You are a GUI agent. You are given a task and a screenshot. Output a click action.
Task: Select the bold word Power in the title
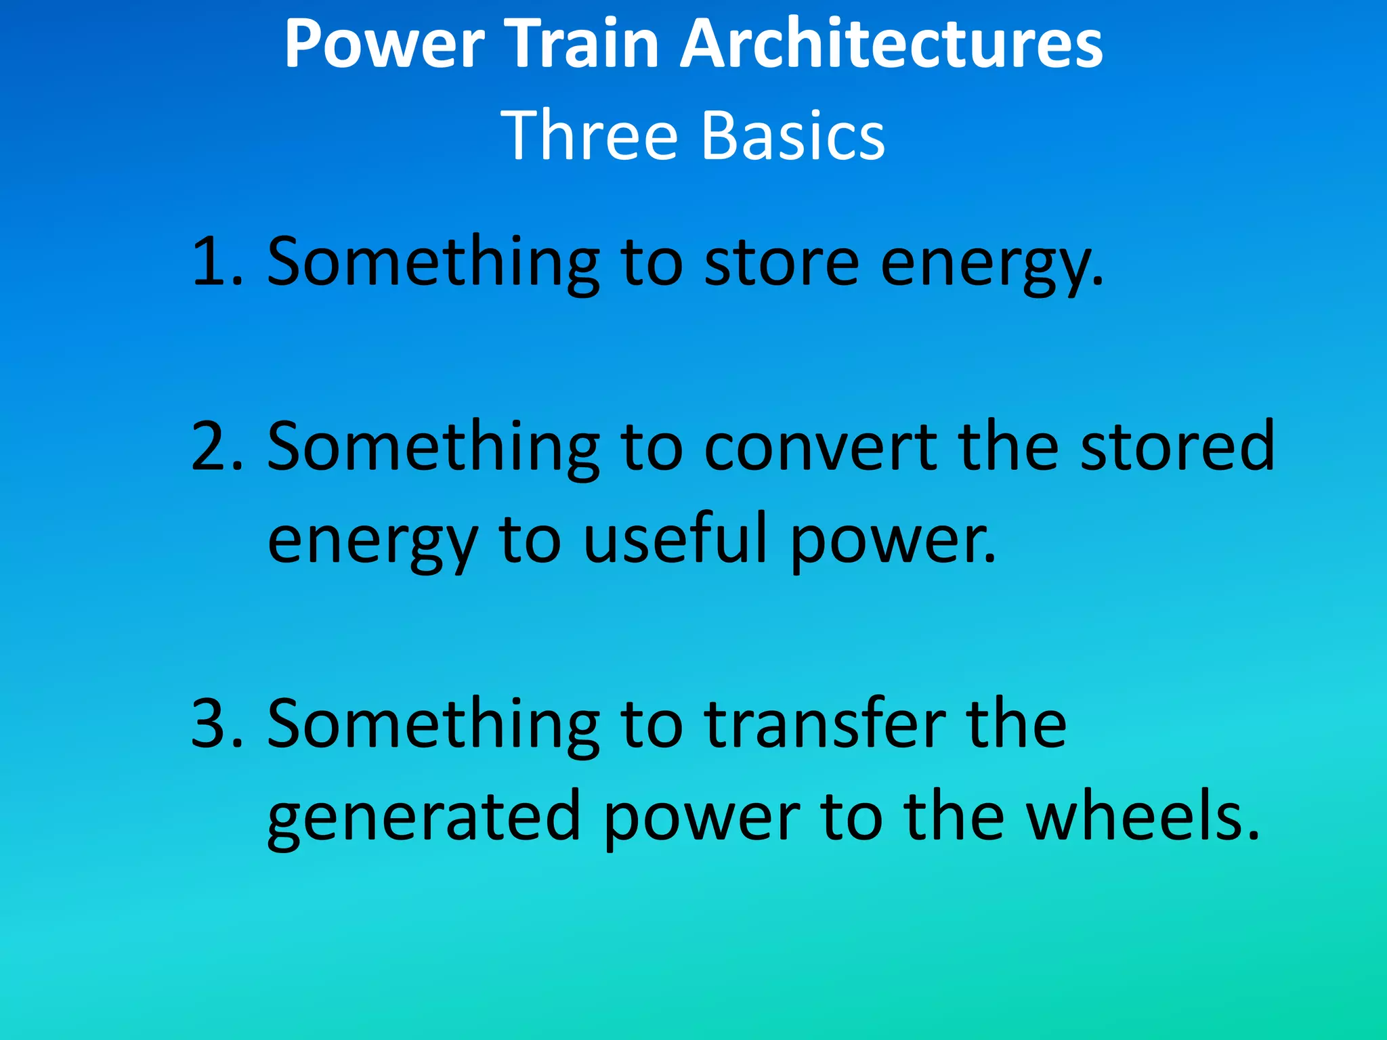tap(385, 45)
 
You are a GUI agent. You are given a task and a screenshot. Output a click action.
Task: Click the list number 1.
tap(215, 261)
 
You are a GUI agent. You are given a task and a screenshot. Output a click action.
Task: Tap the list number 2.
tap(215, 446)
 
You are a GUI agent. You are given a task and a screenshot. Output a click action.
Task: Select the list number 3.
tap(215, 724)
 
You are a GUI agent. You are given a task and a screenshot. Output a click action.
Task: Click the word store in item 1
tap(782, 261)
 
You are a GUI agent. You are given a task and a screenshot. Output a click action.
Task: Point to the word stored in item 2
tap(1177, 446)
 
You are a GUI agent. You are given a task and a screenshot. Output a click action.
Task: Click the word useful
tap(675, 539)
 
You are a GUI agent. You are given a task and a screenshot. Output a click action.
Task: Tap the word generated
tap(424, 817)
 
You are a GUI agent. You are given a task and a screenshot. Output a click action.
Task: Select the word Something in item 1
tap(433, 261)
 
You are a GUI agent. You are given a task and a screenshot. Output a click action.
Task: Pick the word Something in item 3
tap(433, 724)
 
